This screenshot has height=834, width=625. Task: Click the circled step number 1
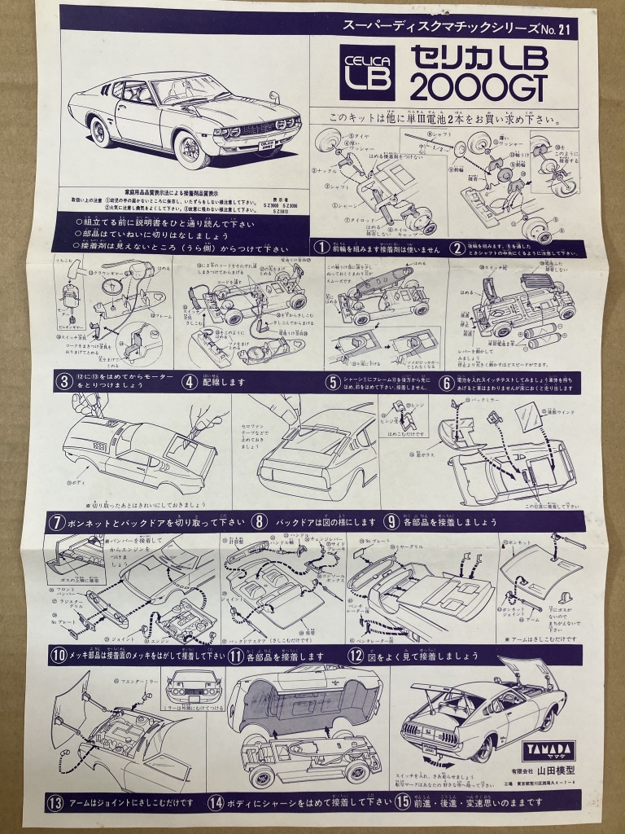[322, 247]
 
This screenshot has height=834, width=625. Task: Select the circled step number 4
[189, 380]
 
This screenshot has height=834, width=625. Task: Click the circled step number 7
[57, 520]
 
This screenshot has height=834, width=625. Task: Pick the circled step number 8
[260, 520]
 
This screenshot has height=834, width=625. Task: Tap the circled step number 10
[58, 655]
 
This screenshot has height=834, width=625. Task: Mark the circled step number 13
[55, 802]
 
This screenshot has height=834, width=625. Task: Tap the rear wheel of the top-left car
[101, 129]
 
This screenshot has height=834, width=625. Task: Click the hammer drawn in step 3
[72, 286]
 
